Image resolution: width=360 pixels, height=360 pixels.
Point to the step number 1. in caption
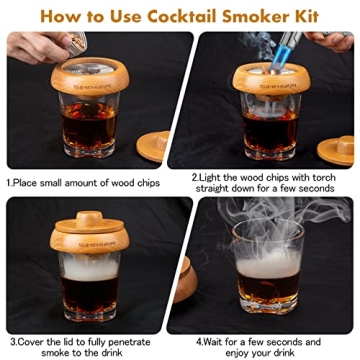pyautogui.click(x=10, y=183)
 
